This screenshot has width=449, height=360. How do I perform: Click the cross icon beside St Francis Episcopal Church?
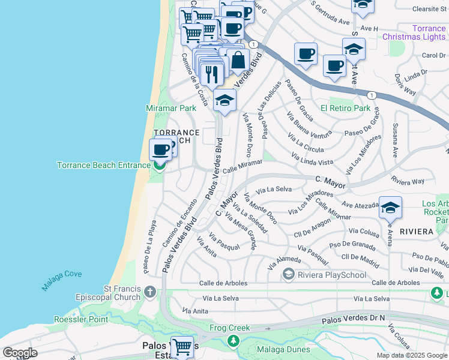click(x=150, y=292)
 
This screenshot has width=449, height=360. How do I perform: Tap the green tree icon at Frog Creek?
click(x=232, y=341)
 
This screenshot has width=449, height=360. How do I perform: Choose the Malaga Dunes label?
click(x=283, y=350)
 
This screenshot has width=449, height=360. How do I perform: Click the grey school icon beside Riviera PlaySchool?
click(x=289, y=275)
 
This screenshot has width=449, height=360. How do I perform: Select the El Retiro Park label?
click(x=345, y=108)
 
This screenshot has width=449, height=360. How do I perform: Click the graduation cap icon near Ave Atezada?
click(x=390, y=208)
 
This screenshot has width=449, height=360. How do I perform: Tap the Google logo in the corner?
click(x=20, y=353)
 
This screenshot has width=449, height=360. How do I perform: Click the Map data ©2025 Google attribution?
click(x=411, y=355)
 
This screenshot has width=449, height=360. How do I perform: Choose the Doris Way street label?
click(x=406, y=85)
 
